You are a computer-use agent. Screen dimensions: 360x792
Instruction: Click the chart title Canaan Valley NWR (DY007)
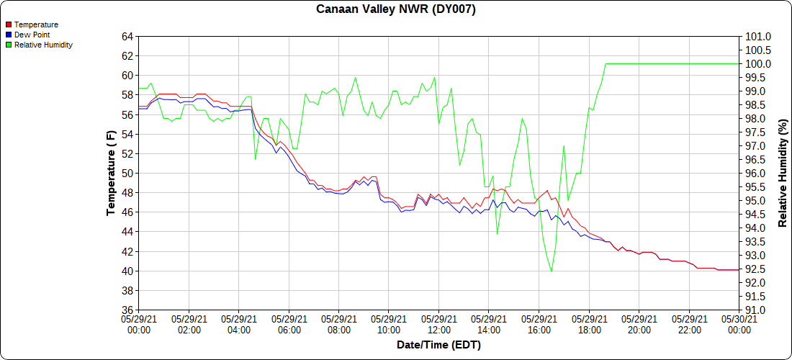tap(396, 9)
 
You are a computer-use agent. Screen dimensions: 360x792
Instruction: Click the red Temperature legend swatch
tap(9, 25)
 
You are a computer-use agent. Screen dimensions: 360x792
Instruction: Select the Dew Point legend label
tap(32, 35)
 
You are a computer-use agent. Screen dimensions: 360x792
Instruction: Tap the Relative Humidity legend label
tap(43, 45)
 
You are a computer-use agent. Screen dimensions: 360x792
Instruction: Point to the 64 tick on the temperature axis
tap(127, 37)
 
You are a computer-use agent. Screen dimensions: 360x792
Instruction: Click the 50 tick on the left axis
tap(127, 174)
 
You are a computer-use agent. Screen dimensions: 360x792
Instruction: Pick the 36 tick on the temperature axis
tap(127, 310)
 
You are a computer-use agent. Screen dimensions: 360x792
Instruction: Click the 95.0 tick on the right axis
tap(757, 201)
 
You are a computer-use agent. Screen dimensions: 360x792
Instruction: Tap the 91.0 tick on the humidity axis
tap(757, 310)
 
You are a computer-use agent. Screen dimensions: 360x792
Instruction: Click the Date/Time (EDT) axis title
tap(438, 345)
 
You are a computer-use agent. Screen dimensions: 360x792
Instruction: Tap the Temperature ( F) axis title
tap(111, 174)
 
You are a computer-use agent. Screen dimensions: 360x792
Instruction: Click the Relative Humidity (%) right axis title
tap(783, 174)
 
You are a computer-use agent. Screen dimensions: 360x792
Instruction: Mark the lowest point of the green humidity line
tap(552, 271)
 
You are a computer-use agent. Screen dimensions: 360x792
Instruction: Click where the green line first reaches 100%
tap(606, 64)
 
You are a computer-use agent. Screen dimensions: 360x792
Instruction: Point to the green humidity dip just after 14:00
tap(497, 233)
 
